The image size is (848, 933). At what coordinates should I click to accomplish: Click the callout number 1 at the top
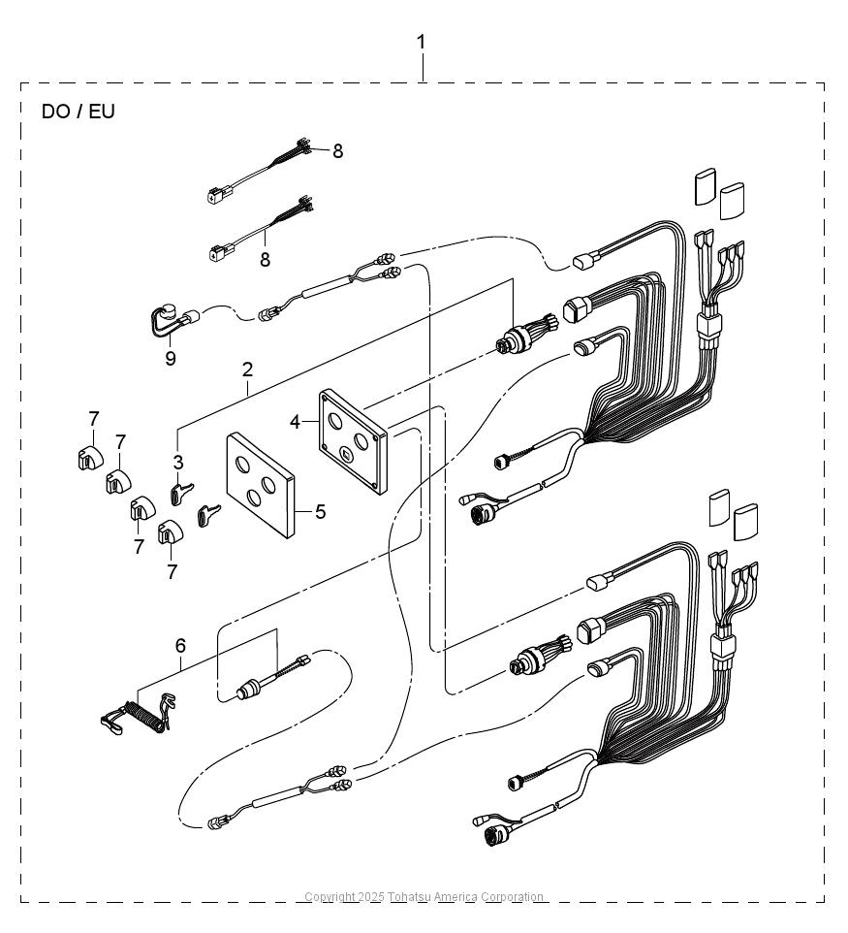coord(421,43)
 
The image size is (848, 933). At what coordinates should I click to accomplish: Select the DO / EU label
coord(78,112)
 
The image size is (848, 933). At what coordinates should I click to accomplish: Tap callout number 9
coord(171,358)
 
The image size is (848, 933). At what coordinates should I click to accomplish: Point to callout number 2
coord(247,370)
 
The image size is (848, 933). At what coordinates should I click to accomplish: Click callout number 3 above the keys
coord(178,463)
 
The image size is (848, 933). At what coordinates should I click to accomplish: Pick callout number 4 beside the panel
coord(296,422)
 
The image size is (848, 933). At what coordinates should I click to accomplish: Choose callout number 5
coord(321,511)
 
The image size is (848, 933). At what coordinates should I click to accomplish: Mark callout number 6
coord(180,646)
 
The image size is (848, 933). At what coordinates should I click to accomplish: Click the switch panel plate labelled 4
coord(353,441)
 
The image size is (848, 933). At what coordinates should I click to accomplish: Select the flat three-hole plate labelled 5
coord(261,485)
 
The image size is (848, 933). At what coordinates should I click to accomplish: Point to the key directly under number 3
coord(181,494)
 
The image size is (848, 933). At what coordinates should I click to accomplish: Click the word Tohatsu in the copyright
coord(409,897)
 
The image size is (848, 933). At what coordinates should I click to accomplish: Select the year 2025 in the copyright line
coord(371,897)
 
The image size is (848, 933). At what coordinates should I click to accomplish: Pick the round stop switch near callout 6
coord(248,692)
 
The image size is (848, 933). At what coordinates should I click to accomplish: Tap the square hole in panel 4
coord(346,456)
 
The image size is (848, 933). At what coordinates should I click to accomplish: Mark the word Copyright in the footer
coord(330,897)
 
